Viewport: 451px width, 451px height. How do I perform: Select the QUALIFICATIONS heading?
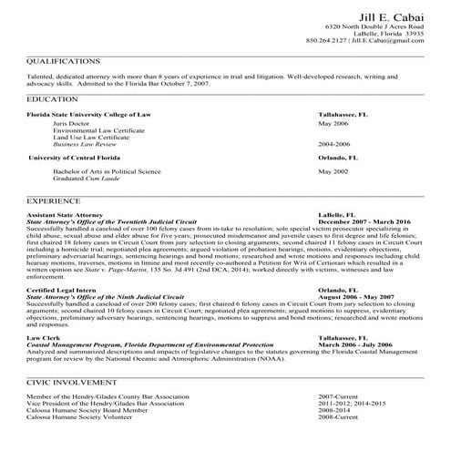click(63, 62)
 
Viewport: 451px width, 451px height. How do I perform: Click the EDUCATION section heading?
click(52, 97)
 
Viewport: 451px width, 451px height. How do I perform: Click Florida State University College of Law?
click(89, 114)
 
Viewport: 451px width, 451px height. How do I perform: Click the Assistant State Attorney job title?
click(66, 214)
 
